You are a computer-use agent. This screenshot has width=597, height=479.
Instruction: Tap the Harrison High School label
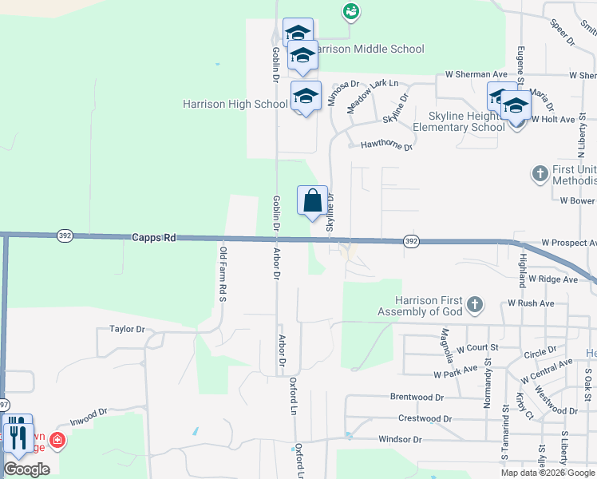[x=235, y=104]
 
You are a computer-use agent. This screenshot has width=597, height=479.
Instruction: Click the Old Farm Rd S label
[x=223, y=274]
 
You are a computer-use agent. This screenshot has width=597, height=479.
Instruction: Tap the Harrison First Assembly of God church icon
[x=475, y=303]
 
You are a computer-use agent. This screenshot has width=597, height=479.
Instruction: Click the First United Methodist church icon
[x=540, y=173]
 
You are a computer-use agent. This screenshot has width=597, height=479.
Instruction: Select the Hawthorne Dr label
[x=386, y=146]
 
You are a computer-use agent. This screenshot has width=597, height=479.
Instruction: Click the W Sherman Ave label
[x=478, y=74]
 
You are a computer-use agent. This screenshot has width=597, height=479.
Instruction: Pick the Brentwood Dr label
[x=417, y=397]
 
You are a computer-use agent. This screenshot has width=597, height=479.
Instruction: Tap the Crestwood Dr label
[x=425, y=418]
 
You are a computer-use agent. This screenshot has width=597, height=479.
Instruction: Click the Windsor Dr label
[x=400, y=439]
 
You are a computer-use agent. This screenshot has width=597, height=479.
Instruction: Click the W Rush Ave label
[x=531, y=303]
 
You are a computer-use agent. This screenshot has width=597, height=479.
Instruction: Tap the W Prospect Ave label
[x=568, y=242]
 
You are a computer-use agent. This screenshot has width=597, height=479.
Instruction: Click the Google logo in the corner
[x=26, y=469]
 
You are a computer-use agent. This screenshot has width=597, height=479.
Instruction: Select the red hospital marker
[x=57, y=440]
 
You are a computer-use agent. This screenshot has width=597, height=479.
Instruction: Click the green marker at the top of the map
[x=350, y=11]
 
